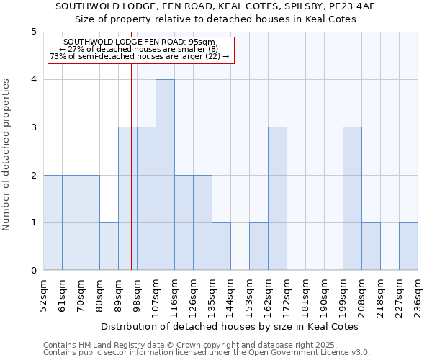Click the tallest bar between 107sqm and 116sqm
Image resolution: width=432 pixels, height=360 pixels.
tap(165, 175)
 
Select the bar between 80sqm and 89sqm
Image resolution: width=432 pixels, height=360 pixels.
tap(109, 246)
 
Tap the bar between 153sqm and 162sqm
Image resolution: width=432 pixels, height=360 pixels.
tap(258, 246)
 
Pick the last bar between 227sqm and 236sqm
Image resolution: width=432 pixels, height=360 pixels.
tap(408, 246)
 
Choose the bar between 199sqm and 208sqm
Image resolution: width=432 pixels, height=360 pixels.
tap(352, 199)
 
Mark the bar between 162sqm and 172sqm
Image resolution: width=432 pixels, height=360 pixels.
tap(277, 199)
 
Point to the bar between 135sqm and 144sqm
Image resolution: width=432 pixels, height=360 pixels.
tap(221, 246)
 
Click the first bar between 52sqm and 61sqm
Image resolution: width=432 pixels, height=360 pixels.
tap(53, 222)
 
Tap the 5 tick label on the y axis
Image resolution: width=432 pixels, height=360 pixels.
tap(34, 32)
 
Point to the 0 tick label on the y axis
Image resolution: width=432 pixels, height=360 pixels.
tap(34, 271)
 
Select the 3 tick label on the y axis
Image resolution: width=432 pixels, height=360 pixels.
tap(34, 127)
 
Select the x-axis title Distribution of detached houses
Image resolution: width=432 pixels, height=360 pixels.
tap(230, 326)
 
